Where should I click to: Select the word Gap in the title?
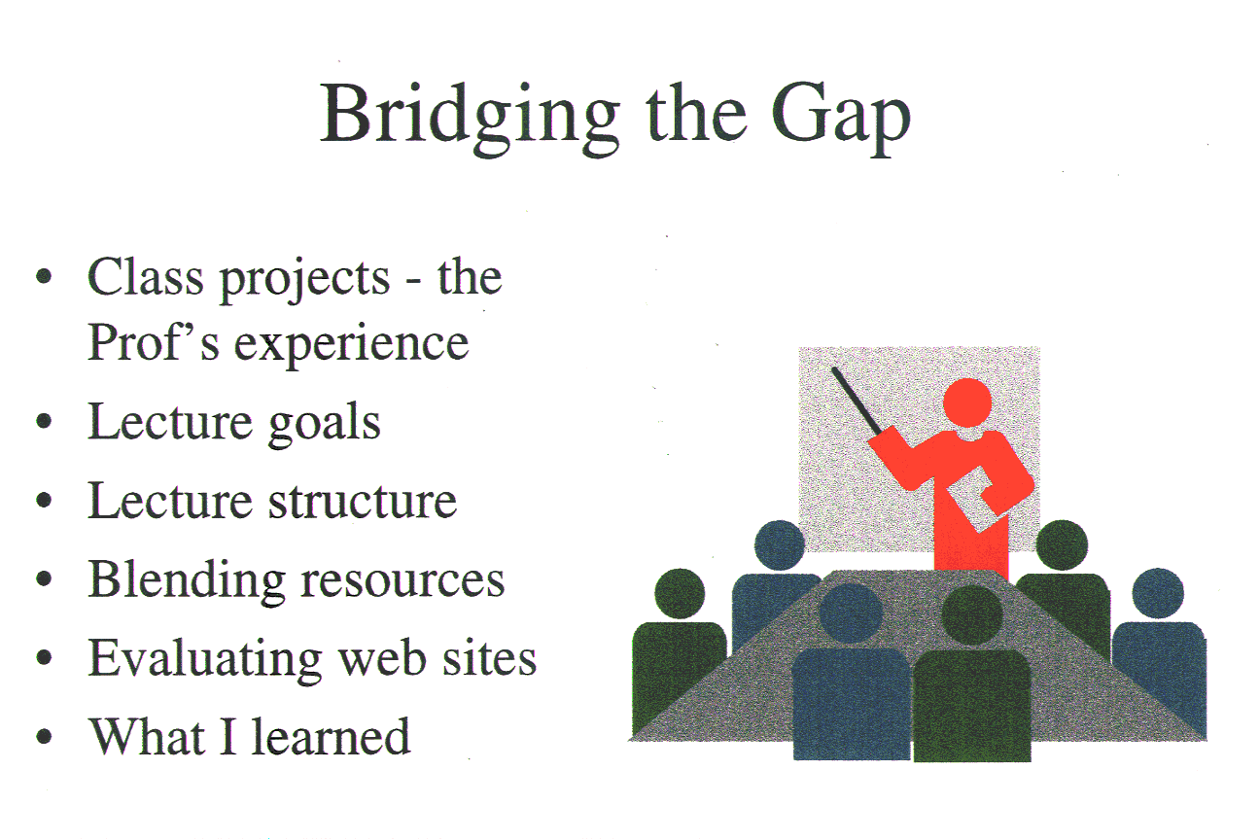click(840, 120)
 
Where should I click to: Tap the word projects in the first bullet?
click(304, 281)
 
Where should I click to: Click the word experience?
click(351, 345)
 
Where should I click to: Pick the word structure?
click(363, 501)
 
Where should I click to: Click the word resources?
click(402, 581)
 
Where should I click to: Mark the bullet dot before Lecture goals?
click(44, 421)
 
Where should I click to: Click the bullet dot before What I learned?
click(44, 736)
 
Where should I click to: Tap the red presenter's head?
click(967, 402)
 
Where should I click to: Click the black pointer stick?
click(857, 401)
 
